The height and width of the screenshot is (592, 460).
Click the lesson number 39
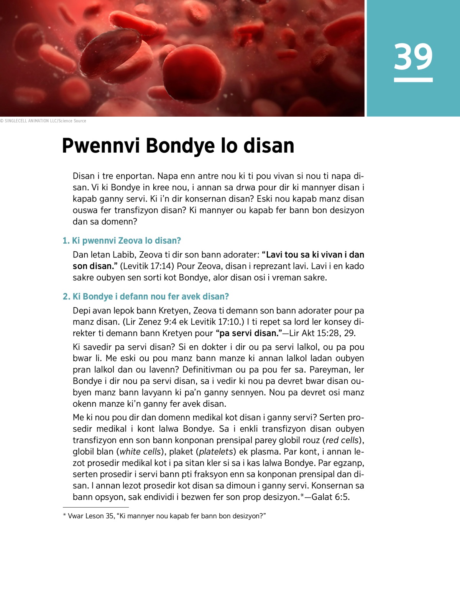click(x=413, y=57)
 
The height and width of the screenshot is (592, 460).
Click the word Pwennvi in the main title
click(x=102, y=146)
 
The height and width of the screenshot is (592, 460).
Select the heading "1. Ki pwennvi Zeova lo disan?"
click(x=122, y=241)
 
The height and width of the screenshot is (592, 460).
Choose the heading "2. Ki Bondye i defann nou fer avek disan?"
click(x=146, y=297)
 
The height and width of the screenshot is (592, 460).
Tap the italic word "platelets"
click(x=216, y=452)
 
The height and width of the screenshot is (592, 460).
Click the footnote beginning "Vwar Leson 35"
click(x=165, y=516)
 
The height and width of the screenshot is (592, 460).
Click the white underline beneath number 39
click(x=413, y=80)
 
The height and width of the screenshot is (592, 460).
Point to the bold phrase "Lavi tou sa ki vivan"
click(x=302, y=255)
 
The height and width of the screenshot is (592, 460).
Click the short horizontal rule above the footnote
click(x=95, y=507)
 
